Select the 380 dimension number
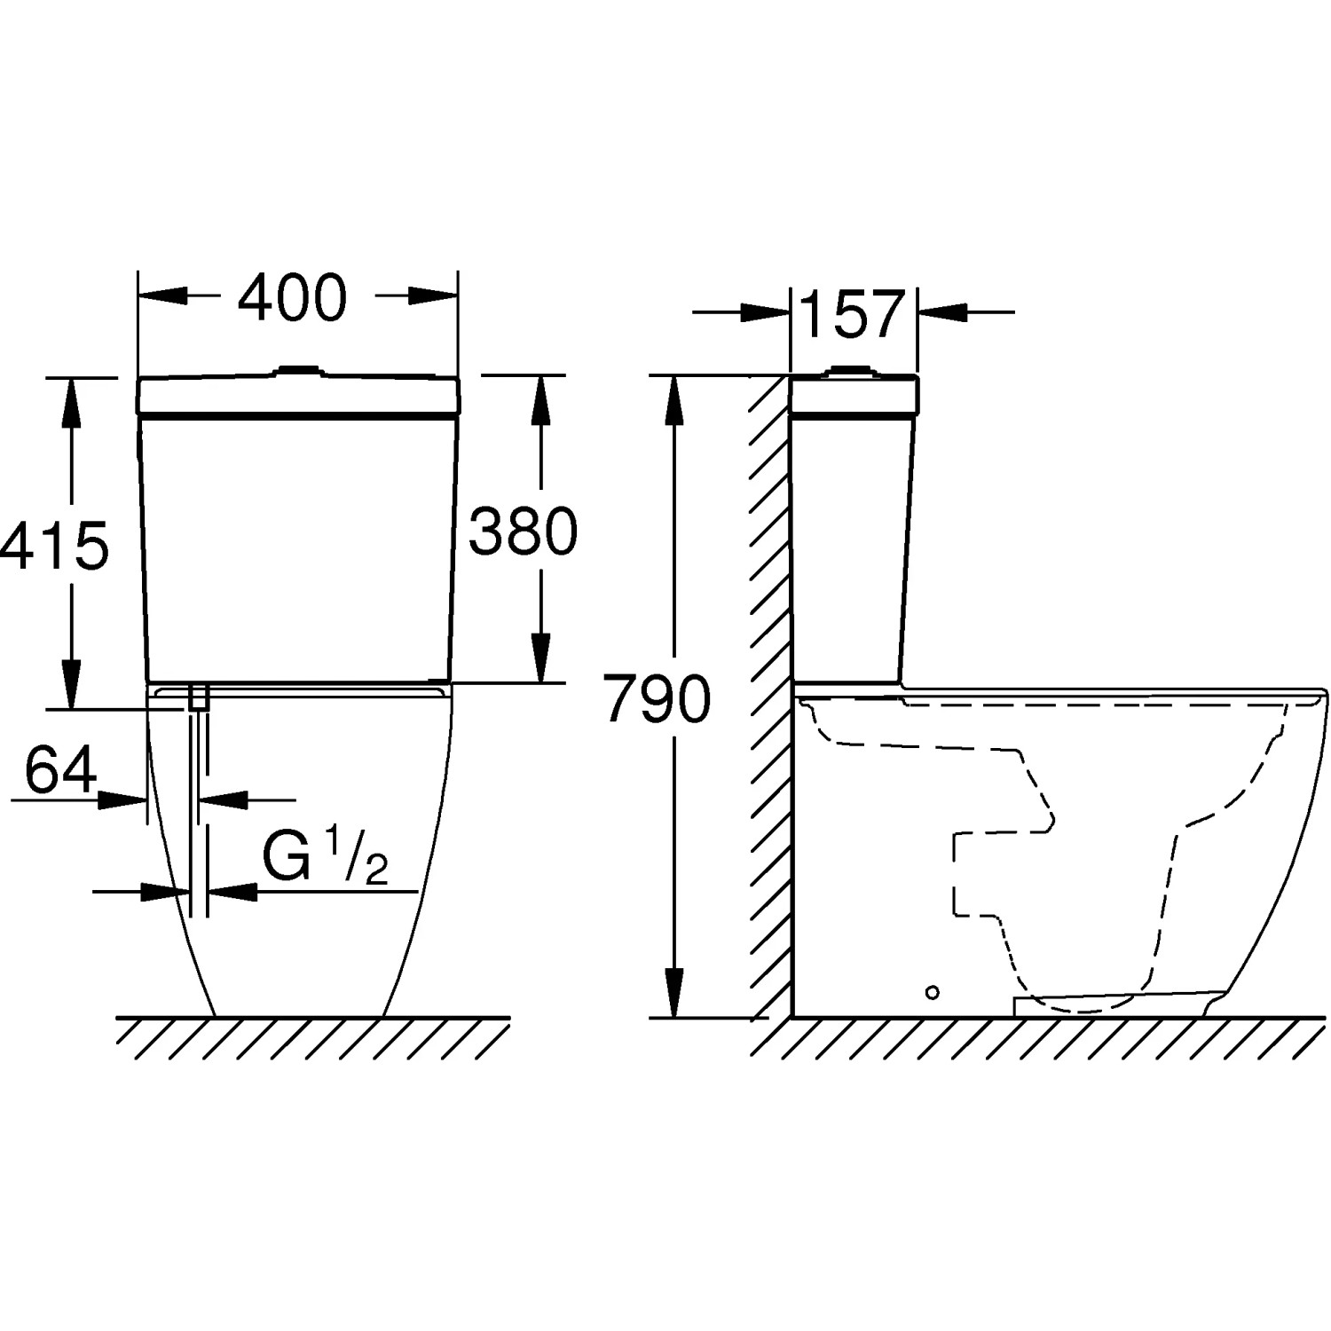point(524,532)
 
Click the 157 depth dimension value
point(852,313)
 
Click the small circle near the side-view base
point(932,992)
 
